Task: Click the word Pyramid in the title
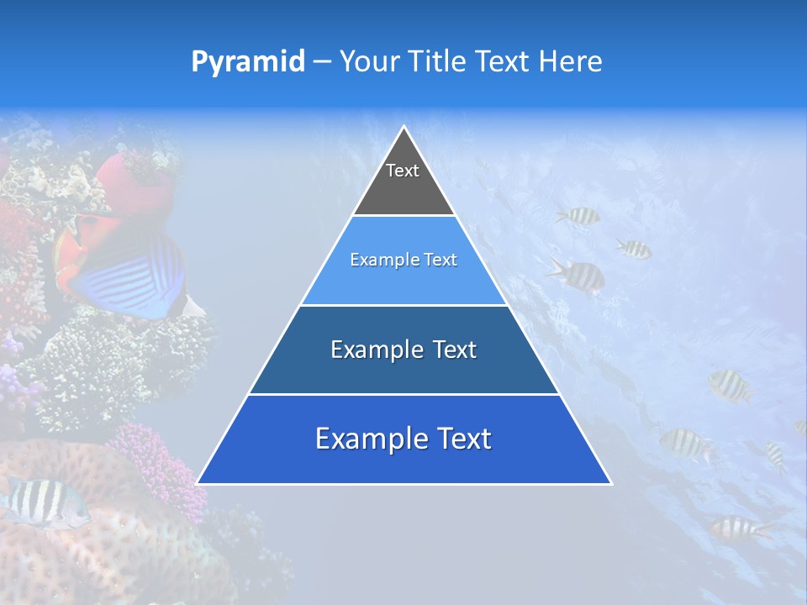(x=248, y=62)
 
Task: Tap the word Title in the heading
(x=442, y=62)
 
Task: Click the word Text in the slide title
(x=505, y=62)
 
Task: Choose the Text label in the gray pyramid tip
(x=403, y=171)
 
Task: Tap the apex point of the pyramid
(x=404, y=127)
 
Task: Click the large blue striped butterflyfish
(x=134, y=273)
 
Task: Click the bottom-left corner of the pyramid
(x=198, y=483)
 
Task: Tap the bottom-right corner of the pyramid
(x=610, y=483)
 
